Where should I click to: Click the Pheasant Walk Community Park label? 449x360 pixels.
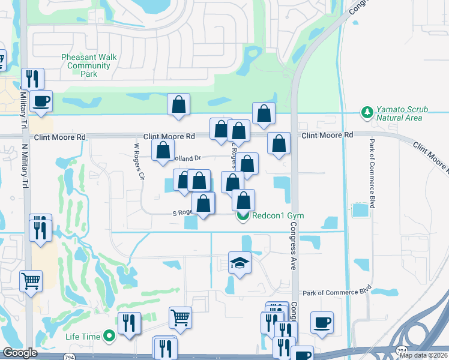point(88,65)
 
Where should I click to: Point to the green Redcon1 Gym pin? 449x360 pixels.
point(243,215)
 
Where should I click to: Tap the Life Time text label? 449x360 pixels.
point(83,337)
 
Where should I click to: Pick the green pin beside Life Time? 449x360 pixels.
point(109,337)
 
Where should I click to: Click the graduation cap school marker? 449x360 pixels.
point(240,263)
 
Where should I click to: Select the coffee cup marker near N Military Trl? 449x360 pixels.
point(41,101)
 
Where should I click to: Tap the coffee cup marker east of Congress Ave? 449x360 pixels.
point(322,323)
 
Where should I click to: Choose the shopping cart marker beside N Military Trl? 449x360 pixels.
point(31,280)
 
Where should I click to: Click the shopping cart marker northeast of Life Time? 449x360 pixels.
point(180,317)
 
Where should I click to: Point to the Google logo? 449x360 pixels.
point(19,353)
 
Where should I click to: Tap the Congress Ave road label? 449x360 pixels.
point(294,246)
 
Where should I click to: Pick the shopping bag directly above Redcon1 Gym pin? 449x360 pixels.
point(243,200)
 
